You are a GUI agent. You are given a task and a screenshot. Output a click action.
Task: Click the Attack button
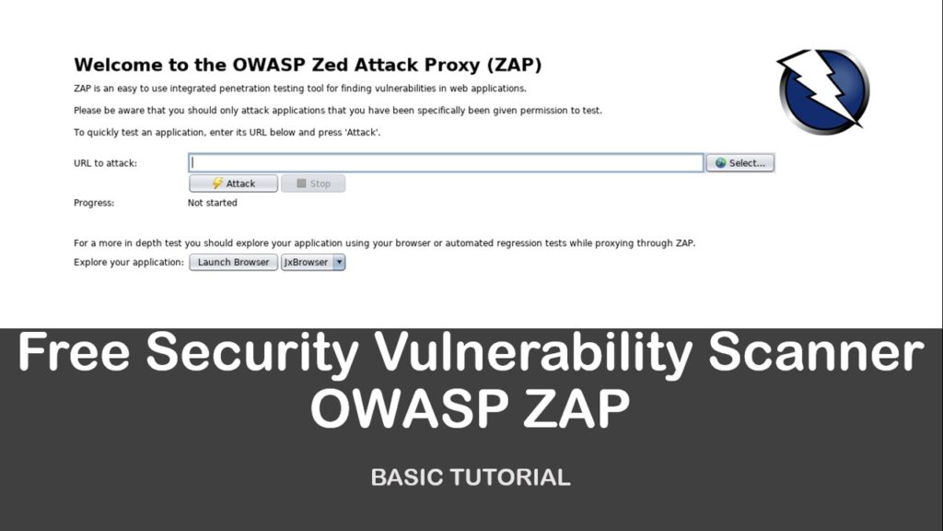coord(234,183)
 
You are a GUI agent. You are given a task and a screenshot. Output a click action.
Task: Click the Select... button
coord(740,163)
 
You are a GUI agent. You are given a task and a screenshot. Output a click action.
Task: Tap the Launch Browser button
coord(233,262)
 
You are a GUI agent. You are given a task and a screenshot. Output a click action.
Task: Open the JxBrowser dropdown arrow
coord(339,262)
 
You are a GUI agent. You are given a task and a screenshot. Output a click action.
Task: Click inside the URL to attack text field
coord(446,163)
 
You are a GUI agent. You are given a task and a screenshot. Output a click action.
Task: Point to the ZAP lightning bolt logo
coord(822,91)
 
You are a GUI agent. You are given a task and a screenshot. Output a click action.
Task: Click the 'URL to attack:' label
coord(105,163)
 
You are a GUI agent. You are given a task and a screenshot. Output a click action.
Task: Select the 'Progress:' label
coord(94,203)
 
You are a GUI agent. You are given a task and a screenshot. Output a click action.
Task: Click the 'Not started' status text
coord(212,203)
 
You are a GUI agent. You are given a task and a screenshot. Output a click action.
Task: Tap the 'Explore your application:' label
coord(129,263)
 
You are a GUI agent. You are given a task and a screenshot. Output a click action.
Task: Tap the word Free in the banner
coord(74,353)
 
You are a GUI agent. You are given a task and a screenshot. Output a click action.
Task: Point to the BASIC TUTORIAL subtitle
coord(471,478)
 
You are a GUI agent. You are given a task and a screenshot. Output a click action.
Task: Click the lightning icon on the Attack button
coord(217,183)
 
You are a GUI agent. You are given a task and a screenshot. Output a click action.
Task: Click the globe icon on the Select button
coord(720,163)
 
